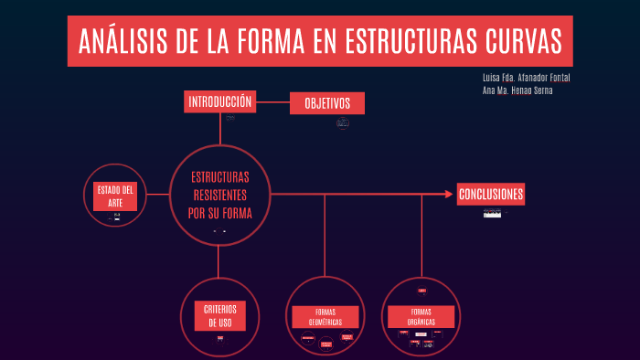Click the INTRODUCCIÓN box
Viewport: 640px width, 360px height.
(x=219, y=102)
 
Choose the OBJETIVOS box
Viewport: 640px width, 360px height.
(x=326, y=104)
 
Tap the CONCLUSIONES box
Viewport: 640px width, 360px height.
(x=491, y=195)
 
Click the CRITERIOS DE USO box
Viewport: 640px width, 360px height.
(x=220, y=316)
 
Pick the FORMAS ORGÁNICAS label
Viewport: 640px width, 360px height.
(x=421, y=316)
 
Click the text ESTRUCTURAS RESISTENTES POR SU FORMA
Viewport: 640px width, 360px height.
(x=219, y=196)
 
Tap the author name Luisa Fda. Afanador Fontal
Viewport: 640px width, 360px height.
(x=526, y=78)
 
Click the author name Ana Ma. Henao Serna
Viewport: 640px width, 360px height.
(x=517, y=90)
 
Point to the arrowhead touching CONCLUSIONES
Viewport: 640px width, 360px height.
(x=451, y=194)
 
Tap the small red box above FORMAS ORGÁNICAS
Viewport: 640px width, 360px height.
(x=421, y=291)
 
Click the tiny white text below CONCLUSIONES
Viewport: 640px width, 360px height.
(x=493, y=213)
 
